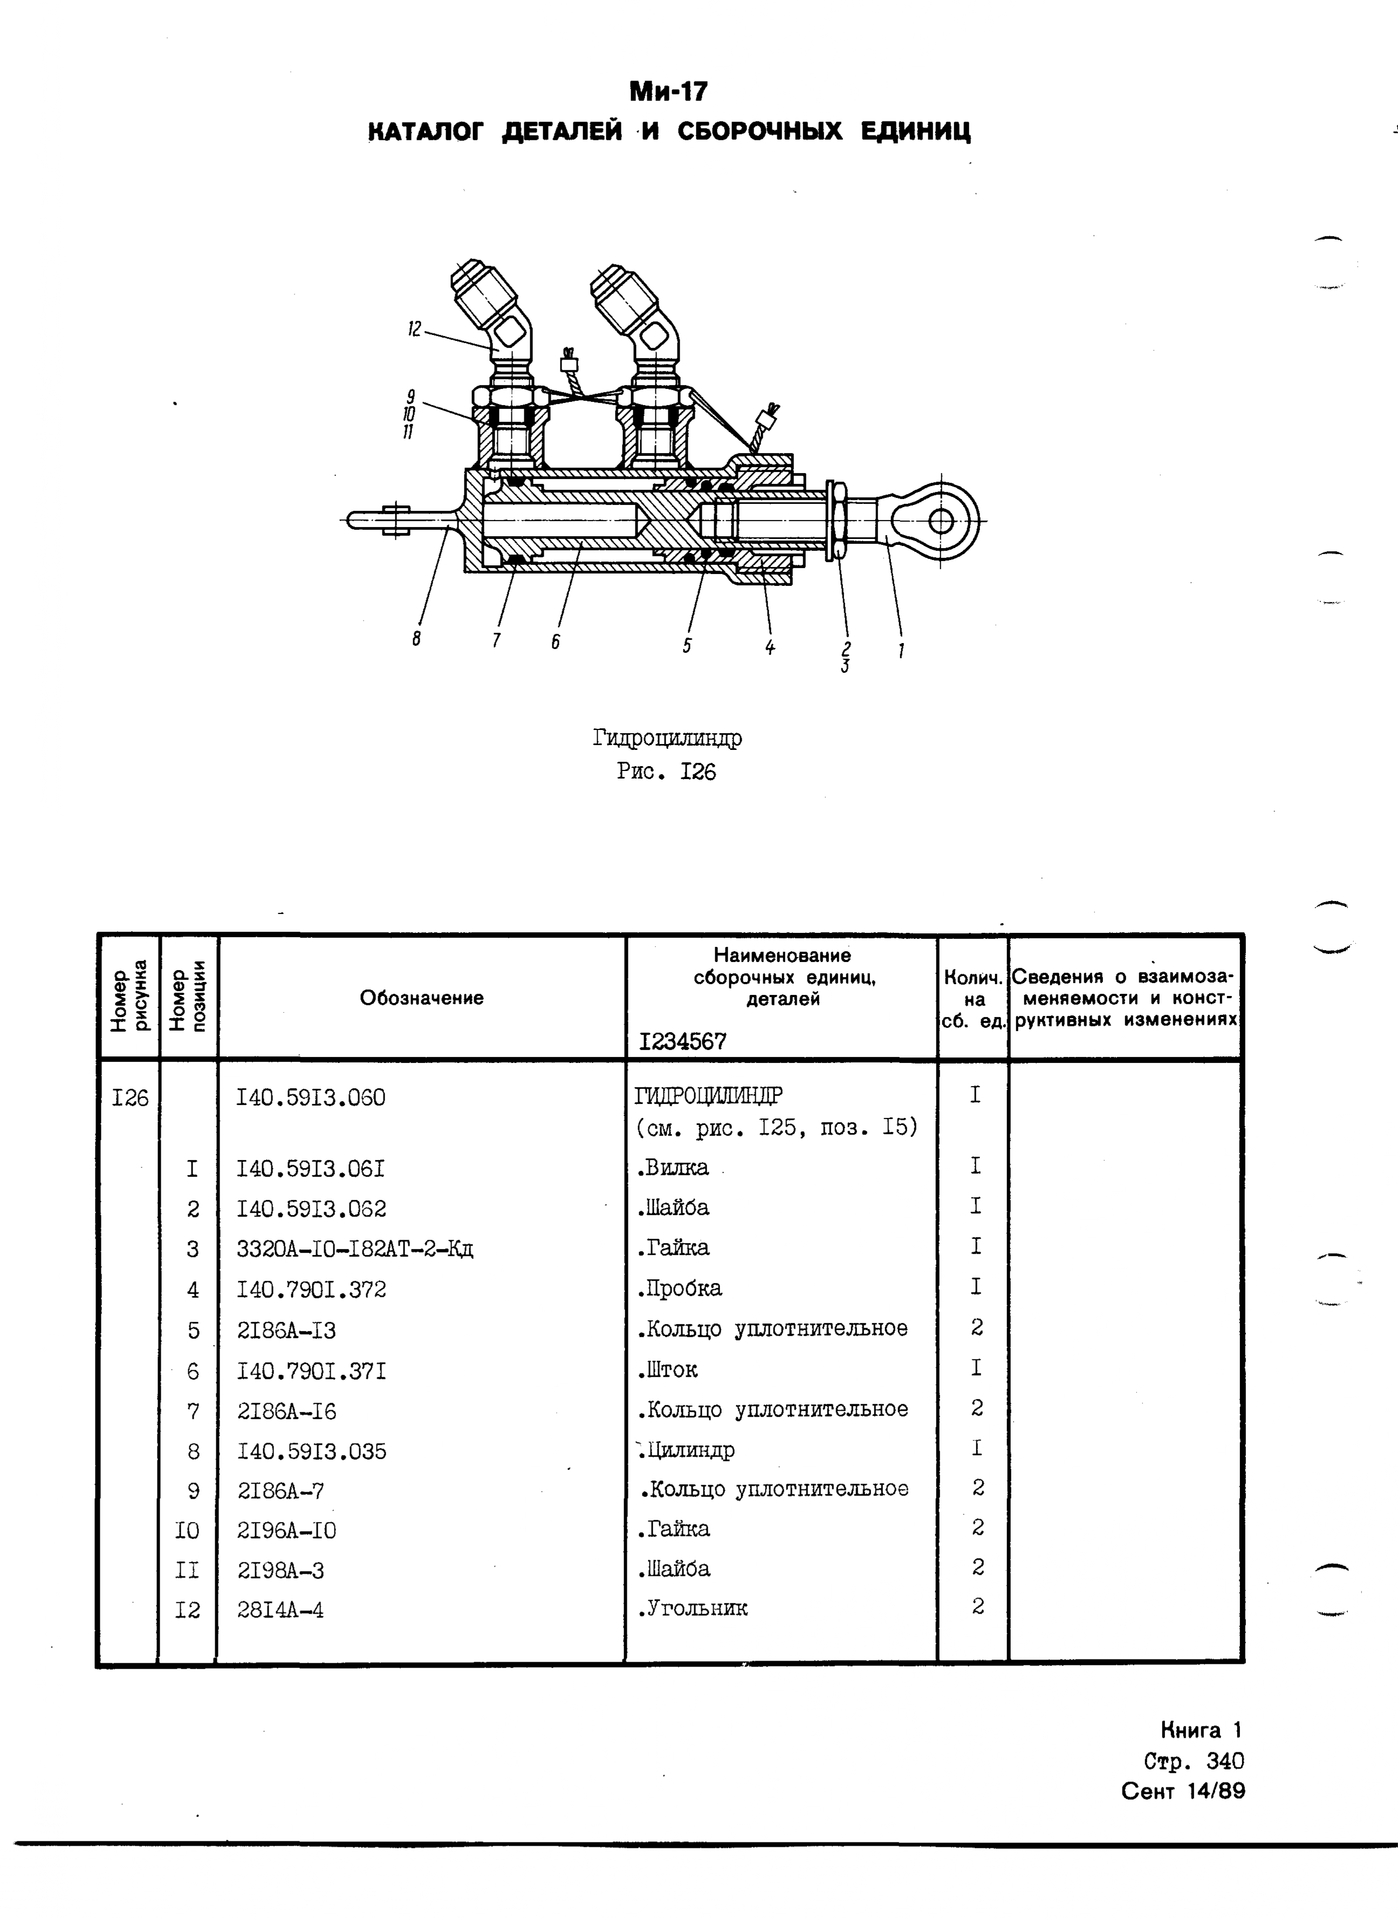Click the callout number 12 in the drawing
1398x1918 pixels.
pyautogui.click(x=414, y=329)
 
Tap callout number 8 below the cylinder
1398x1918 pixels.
pyautogui.click(x=416, y=640)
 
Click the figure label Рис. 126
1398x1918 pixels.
pyautogui.click(x=666, y=772)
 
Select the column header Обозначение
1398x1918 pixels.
pyautogui.click(x=421, y=998)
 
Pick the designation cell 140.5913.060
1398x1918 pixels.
pyautogui.click(x=311, y=1098)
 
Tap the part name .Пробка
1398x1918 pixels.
pyautogui.click(x=680, y=1289)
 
